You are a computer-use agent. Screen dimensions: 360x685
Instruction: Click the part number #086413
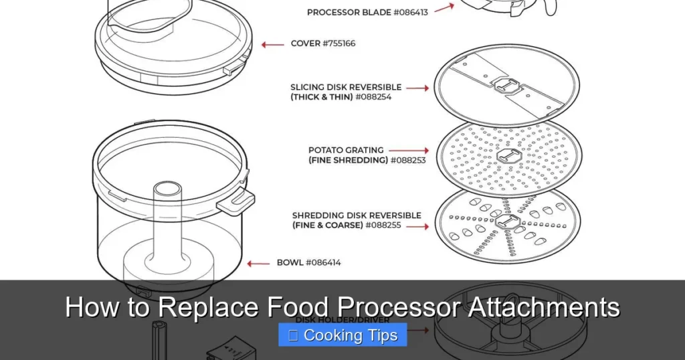[x=407, y=12]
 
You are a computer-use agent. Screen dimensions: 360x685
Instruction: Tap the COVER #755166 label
[x=323, y=44]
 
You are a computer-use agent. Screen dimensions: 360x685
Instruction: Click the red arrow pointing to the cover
[x=272, y=45]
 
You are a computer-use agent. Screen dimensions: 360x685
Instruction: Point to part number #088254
[x=373, y=97]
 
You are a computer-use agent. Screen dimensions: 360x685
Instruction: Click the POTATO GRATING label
[x=346, y=150]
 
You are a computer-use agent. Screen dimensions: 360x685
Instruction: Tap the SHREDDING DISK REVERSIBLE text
[x=357, y=215]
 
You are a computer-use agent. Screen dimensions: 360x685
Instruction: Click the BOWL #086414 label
[x=308, y=263]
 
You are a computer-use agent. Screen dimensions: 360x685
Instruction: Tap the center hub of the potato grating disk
[x=506, y=156]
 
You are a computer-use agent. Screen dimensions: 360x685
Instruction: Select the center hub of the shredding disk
[x=507, y=223]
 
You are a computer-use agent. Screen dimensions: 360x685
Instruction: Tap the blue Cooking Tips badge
[x=342, y=335]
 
